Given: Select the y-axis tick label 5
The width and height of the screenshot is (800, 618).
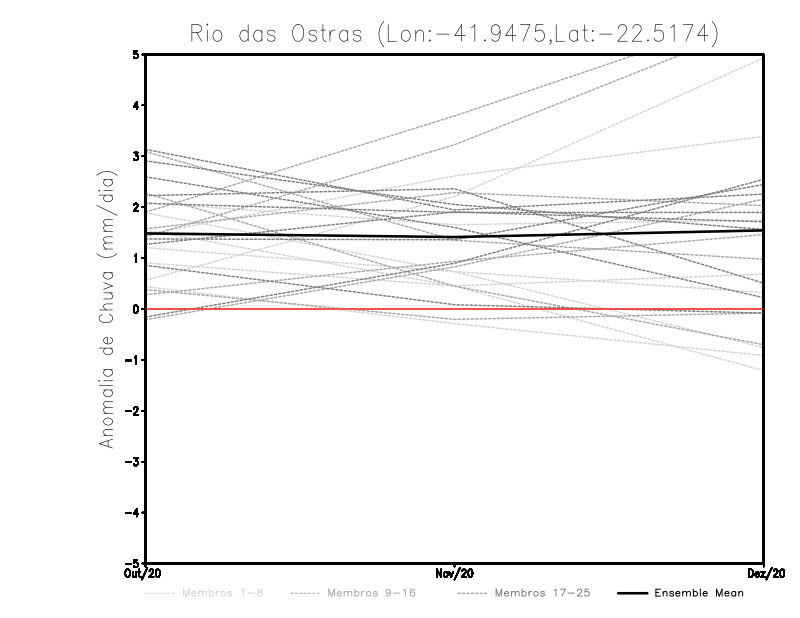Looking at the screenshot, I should click(136, 54).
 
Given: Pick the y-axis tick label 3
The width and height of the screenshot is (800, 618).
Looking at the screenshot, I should click(136, 156).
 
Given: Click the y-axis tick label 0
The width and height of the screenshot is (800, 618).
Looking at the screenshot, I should click(136, 309).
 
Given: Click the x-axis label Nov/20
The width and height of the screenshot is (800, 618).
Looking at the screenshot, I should click(455, 574).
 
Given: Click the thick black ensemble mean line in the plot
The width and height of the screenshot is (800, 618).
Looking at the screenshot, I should click(300, 235).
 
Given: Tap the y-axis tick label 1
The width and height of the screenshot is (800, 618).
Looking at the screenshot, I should click(136, 258).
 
